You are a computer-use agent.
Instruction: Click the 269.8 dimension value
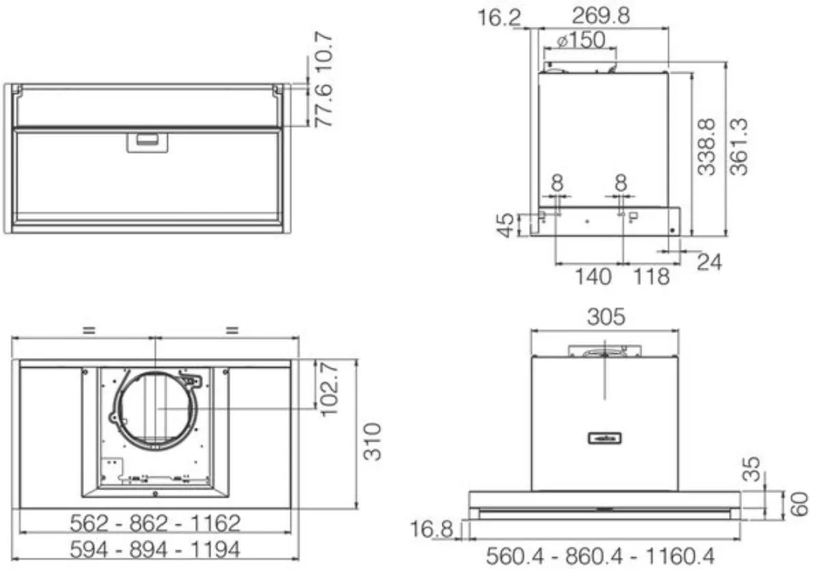click(x=601, y=16)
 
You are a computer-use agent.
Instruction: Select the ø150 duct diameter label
click(x=581, y=40)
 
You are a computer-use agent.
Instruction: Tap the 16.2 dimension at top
click(x=499, y=16)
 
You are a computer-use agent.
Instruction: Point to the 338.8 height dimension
click(x=707, y=146)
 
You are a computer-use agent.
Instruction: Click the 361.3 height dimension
click(x=739, y=146)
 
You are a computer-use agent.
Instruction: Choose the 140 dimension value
click(x=592, y=276)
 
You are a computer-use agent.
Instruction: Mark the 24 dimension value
click(x=709, y=261)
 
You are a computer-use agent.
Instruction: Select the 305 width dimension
click(x=605, y=317)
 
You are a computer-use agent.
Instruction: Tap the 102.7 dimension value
click(x=330, y=388)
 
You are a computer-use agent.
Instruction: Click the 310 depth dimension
click(x=372, y=441)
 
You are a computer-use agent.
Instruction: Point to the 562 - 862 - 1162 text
click(x=156, y=523)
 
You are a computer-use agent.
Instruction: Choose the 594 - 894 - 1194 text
click(x=156, y=549)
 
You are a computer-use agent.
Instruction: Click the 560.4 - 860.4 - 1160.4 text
click(x=600, y=556)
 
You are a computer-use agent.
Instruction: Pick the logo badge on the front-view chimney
click(x=605, y=437)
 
